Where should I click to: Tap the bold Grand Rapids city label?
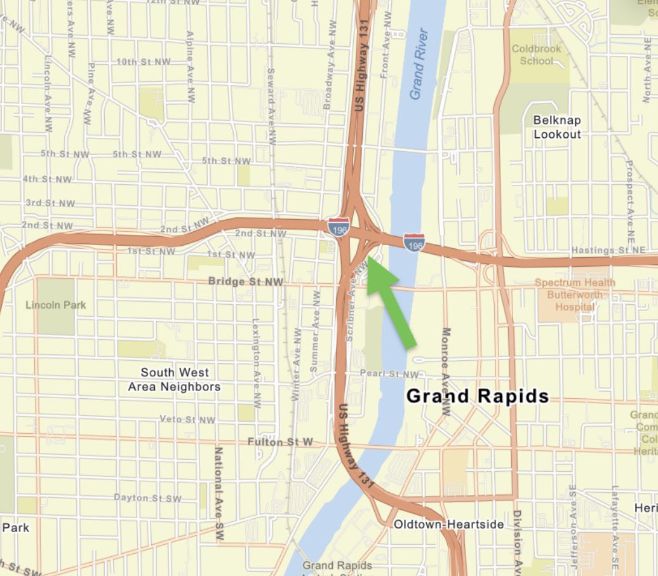[477, 396]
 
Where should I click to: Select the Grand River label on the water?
[420, 64]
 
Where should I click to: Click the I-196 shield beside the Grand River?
[413, 242]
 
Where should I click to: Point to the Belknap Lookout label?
[557, 127]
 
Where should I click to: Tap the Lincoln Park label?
[55, 305]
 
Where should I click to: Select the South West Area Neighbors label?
[174, 379]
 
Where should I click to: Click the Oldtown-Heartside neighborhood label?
[448, 525]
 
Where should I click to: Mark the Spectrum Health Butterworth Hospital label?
[574, 295]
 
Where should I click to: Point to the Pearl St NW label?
[389, 374]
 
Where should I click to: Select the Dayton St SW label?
[147, 498]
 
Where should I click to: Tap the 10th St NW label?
[144, 62]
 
